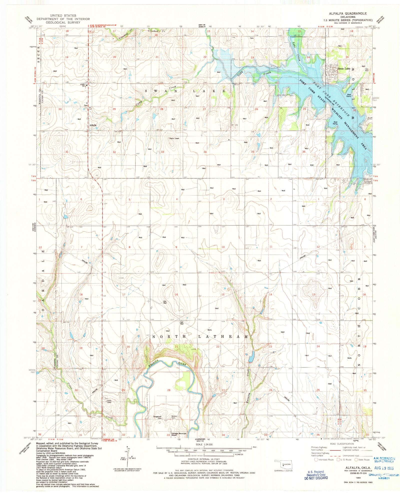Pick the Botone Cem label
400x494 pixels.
174,417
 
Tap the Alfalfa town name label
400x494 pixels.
93,125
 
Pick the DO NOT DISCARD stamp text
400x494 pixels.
317,478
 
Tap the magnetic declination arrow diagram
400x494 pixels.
127,453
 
